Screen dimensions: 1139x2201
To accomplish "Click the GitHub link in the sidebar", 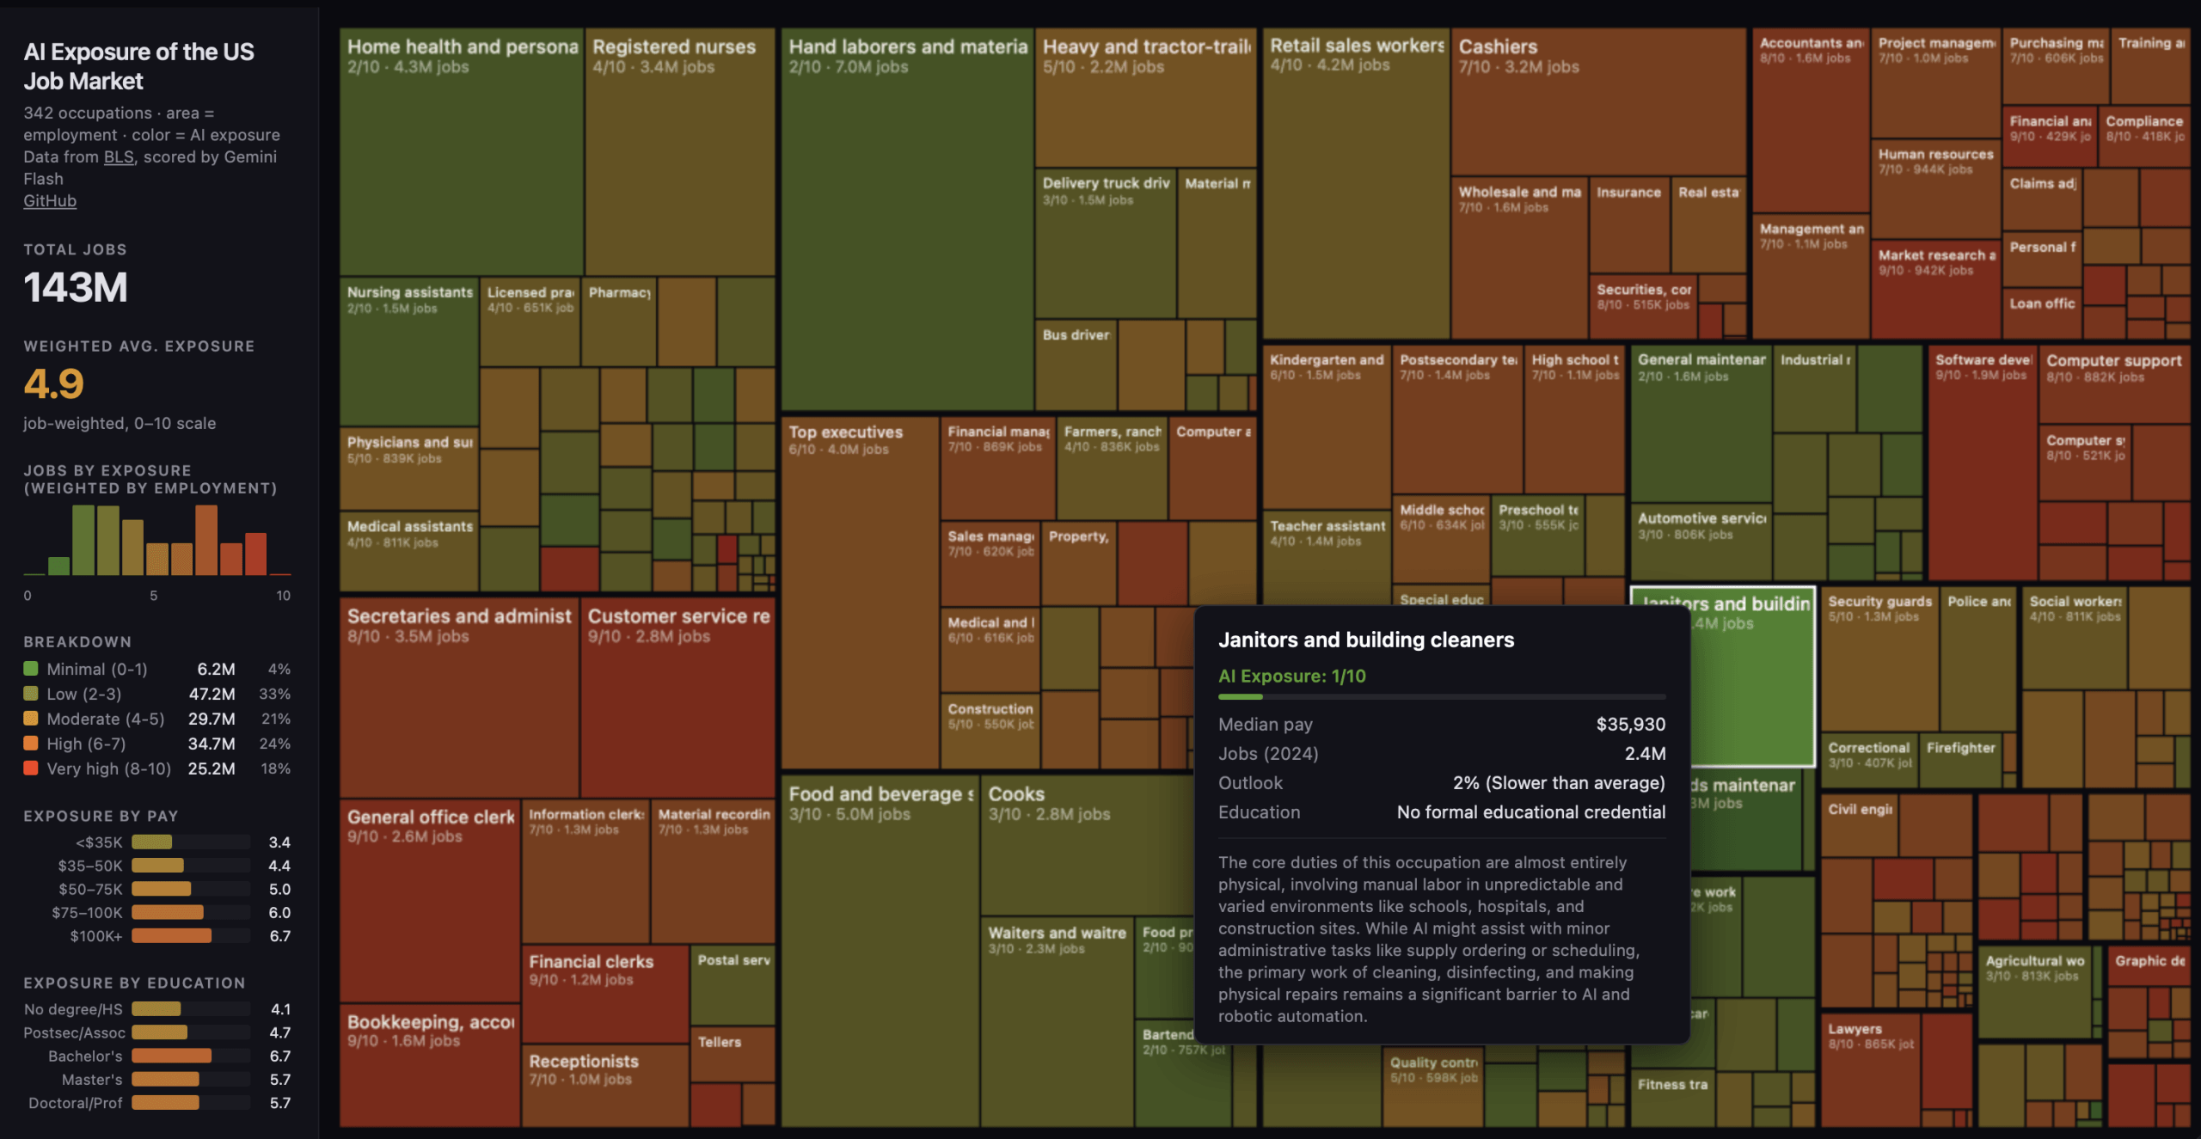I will tap(50, 201).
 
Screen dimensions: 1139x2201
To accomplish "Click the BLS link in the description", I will tap(119, 156).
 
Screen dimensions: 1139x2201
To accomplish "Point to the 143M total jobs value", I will tap(76, 287).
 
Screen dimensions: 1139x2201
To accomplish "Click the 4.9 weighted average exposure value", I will tap(53, 383).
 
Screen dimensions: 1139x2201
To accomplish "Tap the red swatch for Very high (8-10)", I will tap(31, 768).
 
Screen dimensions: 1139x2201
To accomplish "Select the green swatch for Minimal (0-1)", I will tap(31, 668).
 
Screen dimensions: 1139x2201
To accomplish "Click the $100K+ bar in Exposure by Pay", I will tap(171, 935).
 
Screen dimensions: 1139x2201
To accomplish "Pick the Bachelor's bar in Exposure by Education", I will tap(171, 1055).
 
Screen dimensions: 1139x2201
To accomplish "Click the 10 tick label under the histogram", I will tap(283, 595).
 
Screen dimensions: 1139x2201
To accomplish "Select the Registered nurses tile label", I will tap(673, 46).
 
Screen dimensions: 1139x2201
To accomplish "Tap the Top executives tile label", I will tap(845, 432).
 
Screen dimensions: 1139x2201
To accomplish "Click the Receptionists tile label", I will tap(583, 1061).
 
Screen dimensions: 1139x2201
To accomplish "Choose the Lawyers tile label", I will tap(1855, 1028).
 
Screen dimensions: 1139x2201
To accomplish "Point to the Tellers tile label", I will tap(719, 1041).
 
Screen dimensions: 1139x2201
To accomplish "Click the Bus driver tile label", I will tap(1075, 334).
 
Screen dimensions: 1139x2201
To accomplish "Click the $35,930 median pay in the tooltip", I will tap(1630, 724).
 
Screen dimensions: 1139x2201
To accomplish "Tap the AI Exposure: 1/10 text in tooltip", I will tap(1291, 676).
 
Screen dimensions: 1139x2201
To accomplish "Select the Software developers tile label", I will tap(1983, 359).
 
